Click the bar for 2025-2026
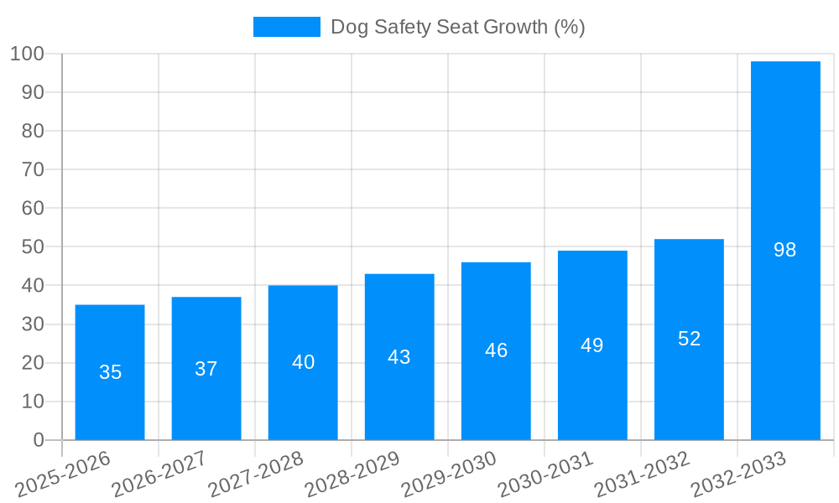110,372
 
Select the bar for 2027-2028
303,362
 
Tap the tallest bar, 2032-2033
785,251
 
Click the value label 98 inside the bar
785,250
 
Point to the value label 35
110,372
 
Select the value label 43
399,357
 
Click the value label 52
689,339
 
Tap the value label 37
206,369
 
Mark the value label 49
592,345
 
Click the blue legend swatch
287,27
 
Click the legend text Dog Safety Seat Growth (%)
457,27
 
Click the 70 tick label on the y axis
33,169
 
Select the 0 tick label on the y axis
39,440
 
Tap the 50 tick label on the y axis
33,247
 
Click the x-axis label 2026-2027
160,474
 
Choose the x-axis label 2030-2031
546,474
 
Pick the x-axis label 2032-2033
739,474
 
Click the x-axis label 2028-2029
353,474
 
